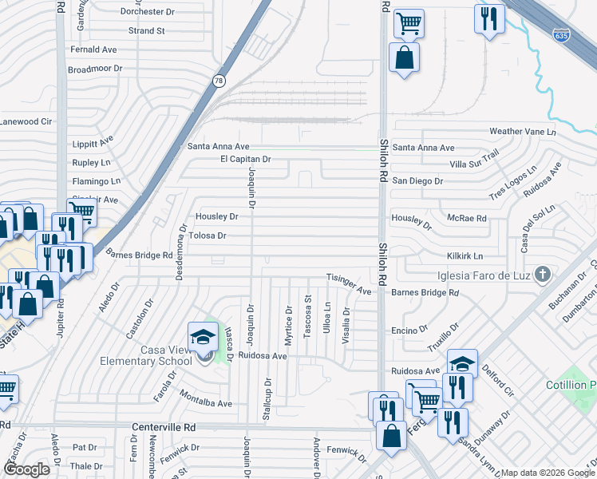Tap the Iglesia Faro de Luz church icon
pyautogui.click(x=542, y=275)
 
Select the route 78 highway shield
pyautogui.click(x=219, y=81)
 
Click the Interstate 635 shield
pyautogui.click(x=561, y=35)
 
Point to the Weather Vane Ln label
pyautogui.click(x=521, y=131)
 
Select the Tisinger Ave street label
pyautogui.click(x=349, y=278)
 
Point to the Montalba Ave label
pyautogui.click(x=205, y=404)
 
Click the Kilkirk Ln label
pyautogui.click(x=465, y=256)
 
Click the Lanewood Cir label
pyautogui.click(x=26, y=121)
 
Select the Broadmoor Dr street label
pyautogui.click(x=95, y=69)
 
